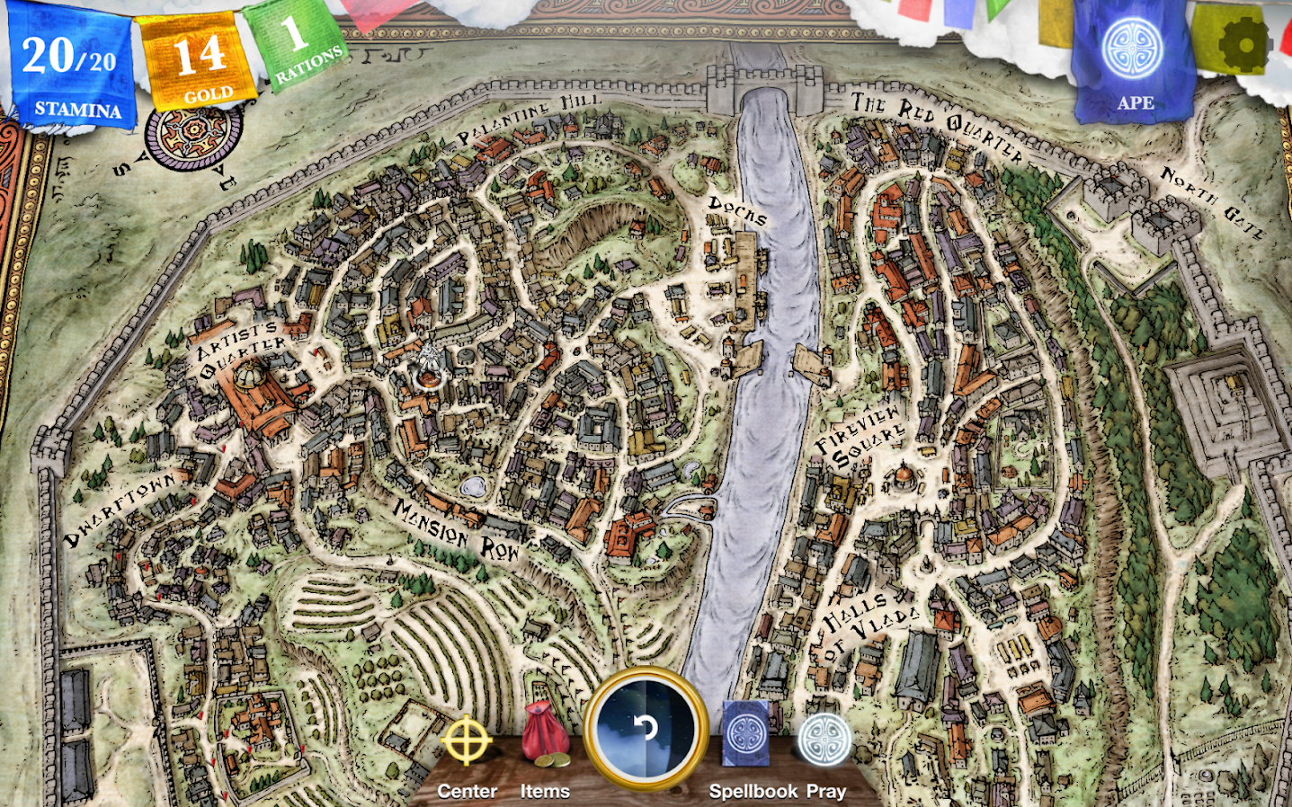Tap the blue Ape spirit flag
1133,58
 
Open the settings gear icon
1243,42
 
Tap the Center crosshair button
467,743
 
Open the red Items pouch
546,736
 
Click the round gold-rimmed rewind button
646,728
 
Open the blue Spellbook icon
746,733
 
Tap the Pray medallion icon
824,740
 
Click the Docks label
737,211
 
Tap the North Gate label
1214,202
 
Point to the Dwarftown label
120,510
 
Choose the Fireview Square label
860,436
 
